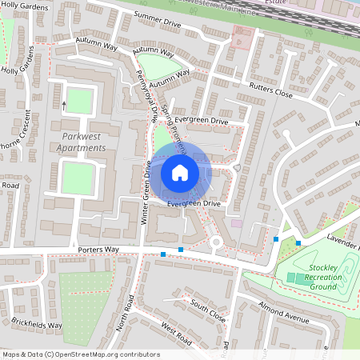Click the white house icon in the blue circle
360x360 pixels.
[x=180, y=172]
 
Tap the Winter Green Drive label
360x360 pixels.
[x=147, y=191]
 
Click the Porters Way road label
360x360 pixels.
[x=98, y=250]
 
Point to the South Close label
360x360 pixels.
[x=208, y=309]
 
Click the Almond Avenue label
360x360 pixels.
[x=284, y=314]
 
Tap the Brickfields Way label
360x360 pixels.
[x=36, y=324]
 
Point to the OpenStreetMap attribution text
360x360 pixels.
[x=80, y=354]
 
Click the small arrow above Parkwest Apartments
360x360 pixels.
[x=64, y=104]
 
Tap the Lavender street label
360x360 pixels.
[x=344, y=239]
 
